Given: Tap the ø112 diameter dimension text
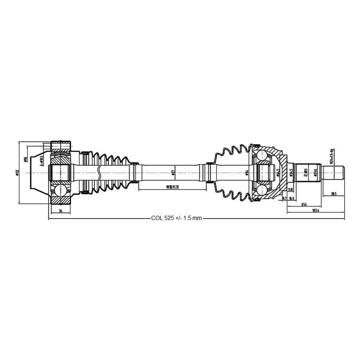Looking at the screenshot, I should click(x=17, y=173).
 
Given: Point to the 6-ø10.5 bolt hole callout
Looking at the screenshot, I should click(x=42, y=160).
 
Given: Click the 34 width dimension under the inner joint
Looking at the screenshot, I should click(x=60, y=211).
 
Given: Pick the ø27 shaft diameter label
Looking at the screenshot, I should click(x=174, y=174).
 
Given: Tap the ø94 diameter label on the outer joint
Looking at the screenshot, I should click(x=247, y=174).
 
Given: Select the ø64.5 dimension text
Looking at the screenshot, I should click(x=278, y=173).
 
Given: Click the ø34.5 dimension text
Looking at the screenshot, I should click(x=291, y=174).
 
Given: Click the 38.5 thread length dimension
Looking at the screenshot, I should click(x=333, y=194).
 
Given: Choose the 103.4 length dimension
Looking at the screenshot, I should click(x=315, y=210).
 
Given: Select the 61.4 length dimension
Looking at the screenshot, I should click(x=304, y=204).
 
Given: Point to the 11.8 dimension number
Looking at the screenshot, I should click(x=291, y=190).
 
